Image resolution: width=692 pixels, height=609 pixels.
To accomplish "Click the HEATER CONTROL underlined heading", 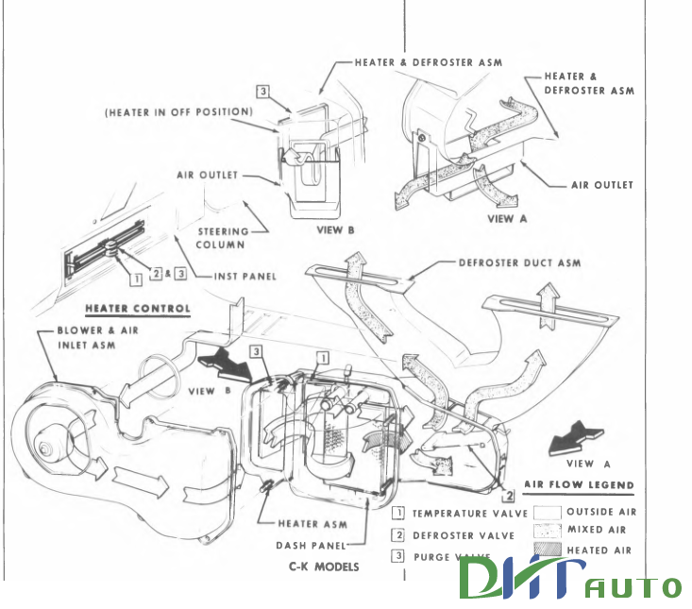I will tap(138, 309).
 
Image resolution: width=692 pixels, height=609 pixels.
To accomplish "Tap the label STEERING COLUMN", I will tap(224, 237).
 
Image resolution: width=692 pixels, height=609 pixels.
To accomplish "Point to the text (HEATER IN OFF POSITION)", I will tap(178, 112).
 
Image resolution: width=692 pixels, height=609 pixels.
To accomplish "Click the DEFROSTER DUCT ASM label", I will tap(519, 262).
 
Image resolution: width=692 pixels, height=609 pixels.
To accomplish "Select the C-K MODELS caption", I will tap(324, 567).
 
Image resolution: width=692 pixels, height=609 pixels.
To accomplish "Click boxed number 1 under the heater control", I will tap(136, 278).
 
